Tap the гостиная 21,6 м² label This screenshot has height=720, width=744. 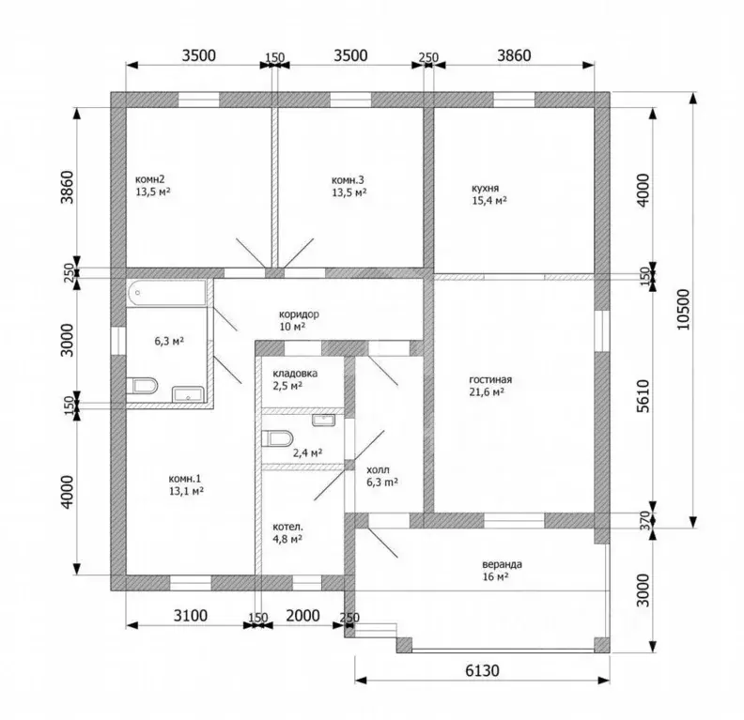[x=490, y=386]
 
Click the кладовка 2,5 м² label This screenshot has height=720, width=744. [x=295, y=379]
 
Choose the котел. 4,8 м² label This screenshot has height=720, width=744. [x=287, y=533]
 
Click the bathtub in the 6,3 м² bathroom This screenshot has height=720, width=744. [x=166, y=294]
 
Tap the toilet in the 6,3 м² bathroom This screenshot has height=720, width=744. [x=142, y=386]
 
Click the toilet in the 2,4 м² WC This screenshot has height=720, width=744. [x=277, y=438]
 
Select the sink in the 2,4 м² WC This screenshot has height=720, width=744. [x=323, y=420]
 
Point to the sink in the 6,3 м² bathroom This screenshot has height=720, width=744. [x=188, y=394]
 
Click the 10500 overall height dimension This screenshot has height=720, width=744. [x=684, y=310]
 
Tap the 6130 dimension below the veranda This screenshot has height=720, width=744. [x=482, y=670]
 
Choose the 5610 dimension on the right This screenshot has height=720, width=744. [x=643, y=396]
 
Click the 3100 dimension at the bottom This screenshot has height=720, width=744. [x=191, y=615]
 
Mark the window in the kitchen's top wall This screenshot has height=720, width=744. [x=514, y=100]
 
